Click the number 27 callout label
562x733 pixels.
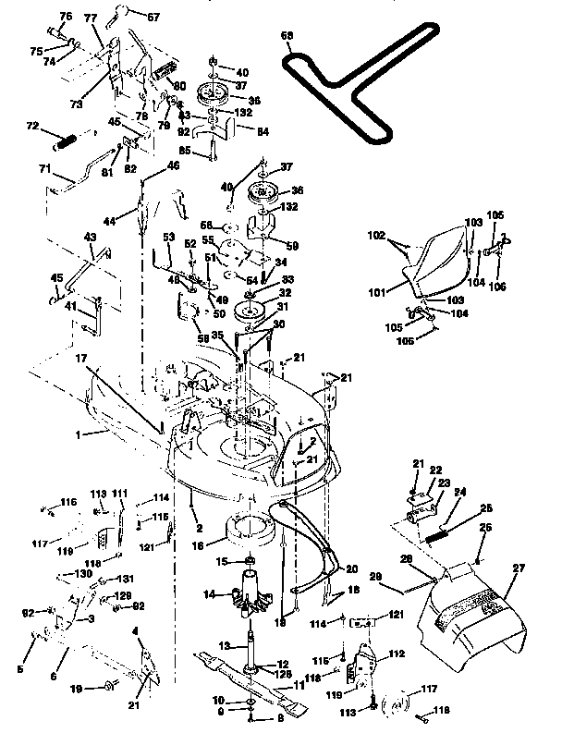[517, 570]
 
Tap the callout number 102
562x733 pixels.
[375, 236]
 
